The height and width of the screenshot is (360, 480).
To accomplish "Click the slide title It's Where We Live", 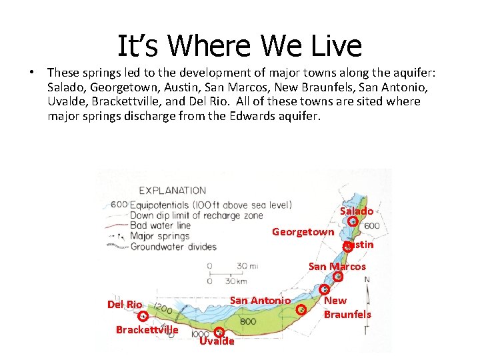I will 239,46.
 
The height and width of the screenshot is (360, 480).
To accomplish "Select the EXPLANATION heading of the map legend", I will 172,191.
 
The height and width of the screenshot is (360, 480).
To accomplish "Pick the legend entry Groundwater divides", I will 173,247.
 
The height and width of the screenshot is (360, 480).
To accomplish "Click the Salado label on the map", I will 357,211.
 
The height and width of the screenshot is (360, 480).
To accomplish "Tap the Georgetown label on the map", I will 303,232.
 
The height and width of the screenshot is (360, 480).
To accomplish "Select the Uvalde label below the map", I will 217,341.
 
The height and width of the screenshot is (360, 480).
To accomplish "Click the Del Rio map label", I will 125,305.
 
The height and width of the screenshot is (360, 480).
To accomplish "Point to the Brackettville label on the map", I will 147,329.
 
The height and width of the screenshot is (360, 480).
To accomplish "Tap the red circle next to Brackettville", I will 143,316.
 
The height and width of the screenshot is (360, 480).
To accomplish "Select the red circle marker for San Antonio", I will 301,309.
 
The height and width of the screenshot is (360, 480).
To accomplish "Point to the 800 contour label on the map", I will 248,321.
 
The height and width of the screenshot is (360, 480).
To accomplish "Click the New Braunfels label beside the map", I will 347,307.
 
